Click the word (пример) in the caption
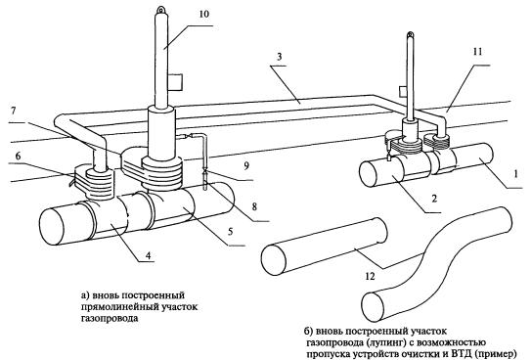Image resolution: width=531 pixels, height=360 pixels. tap(505, 346)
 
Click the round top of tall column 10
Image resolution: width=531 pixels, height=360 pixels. tap(158, 10)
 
